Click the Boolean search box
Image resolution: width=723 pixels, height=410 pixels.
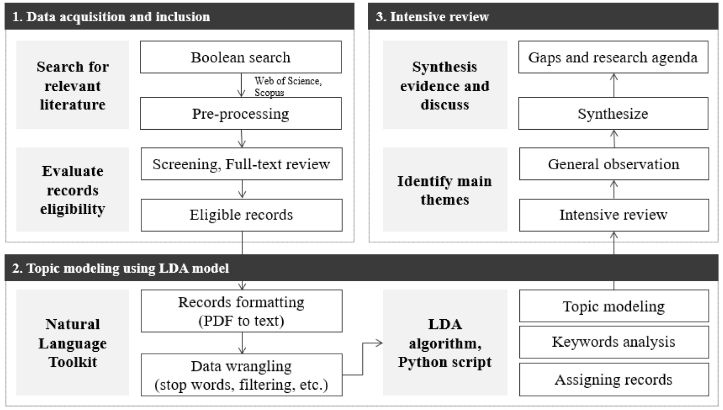241,57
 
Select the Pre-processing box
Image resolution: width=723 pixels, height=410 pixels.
241,114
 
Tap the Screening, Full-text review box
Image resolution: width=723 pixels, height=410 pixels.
241,164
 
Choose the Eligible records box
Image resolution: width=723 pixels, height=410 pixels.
241,215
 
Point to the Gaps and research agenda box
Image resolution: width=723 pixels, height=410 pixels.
614,57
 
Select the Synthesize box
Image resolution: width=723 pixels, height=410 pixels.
614,114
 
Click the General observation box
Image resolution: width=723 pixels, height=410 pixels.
614,164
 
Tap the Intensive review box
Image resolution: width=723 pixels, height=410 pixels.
614,215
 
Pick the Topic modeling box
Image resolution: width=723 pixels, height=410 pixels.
614,306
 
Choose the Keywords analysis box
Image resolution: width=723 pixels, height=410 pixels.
614,342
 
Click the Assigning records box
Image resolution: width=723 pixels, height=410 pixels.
614,379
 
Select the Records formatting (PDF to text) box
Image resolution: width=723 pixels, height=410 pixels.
241,311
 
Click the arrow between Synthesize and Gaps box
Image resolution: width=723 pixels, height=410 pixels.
614,85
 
